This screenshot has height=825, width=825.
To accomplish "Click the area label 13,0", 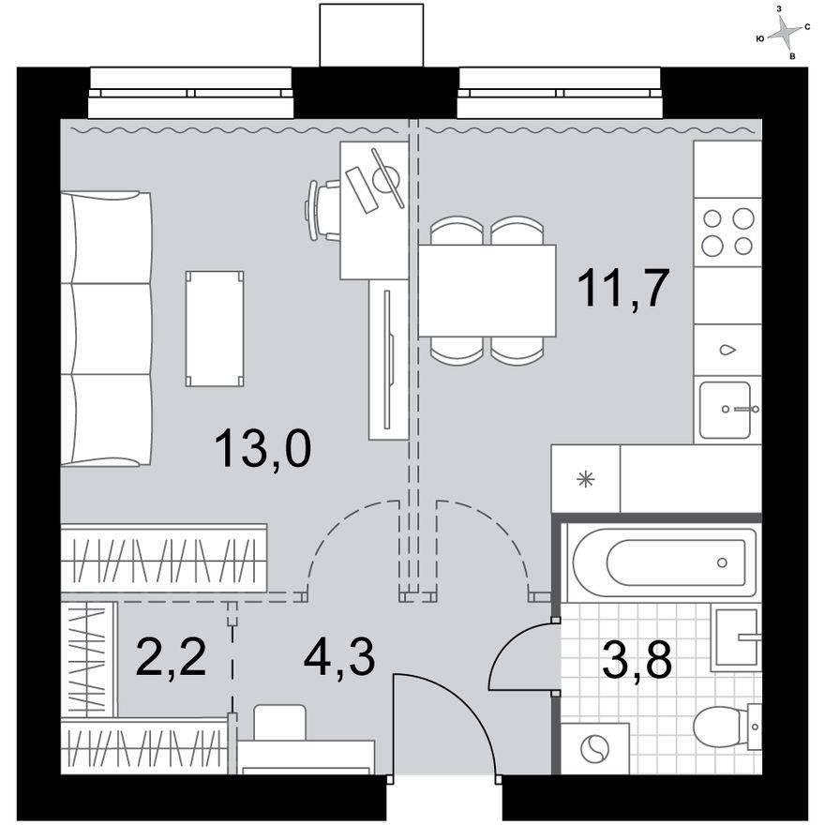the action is click(x=263, y=448).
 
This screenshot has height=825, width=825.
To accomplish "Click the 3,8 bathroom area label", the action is click(x=637, y=659).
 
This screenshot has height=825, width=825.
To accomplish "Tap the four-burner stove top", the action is click(x=727, y=232).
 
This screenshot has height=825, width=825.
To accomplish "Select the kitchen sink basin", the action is click(x=725, y=411).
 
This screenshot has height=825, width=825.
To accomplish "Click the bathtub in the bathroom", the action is click(x=665, y=562).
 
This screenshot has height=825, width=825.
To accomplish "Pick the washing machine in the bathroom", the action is click(x=595, y=749).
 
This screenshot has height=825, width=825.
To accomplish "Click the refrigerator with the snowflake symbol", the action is click(x=586, y=479).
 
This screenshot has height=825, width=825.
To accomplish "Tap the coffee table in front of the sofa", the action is click(x=215, y=329).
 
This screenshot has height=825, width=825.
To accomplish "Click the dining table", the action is click(x=487, y=291).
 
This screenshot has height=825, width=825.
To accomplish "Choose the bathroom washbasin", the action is click(x=736, y=637).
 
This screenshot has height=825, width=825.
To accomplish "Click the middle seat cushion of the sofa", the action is click(x=106, y=329).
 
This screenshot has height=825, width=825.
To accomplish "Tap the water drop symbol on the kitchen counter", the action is click(x=727, y=350).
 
